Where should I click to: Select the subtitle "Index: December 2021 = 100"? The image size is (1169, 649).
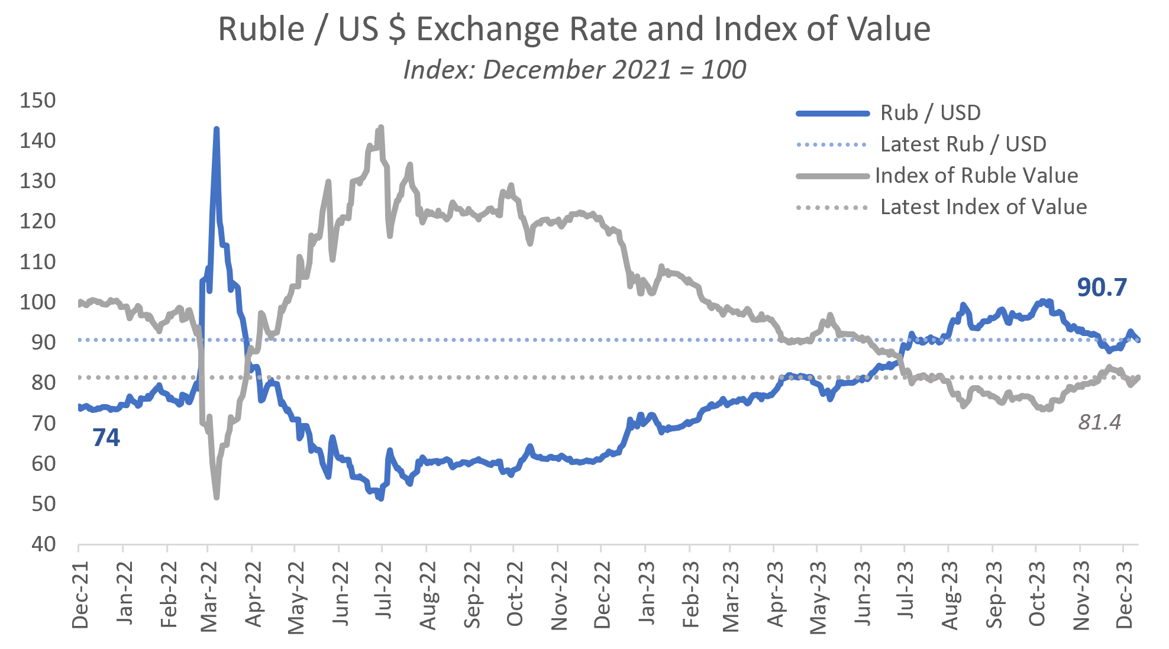click(x=574, y=70)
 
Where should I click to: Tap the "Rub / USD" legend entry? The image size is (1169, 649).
click(x=930, y=112)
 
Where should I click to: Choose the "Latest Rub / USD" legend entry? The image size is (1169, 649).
click(x=963, y=144)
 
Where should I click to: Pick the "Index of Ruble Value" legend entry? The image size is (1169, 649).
click(x=976, y=175)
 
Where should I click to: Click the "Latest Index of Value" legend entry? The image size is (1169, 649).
click(x=983, y=206)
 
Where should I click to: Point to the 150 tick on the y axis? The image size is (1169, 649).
click(x=38, y=100)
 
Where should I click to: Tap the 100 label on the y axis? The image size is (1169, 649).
click(x=38, y=302)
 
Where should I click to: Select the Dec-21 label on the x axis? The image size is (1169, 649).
click(x=80, y=594)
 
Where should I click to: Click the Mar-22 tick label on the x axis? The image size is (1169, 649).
click(x=209, y=596)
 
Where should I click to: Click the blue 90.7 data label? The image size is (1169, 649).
click(x=1102, y=288)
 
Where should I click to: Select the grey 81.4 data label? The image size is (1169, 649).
click(x=1099, y=422)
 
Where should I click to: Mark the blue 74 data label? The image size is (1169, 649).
click(x=106, y=438)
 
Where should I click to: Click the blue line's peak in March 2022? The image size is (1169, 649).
click(x=217, y=128)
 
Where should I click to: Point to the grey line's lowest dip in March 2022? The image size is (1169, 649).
click(x=217, y=497)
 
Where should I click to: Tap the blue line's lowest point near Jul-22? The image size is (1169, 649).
click(x=381, y=499)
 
